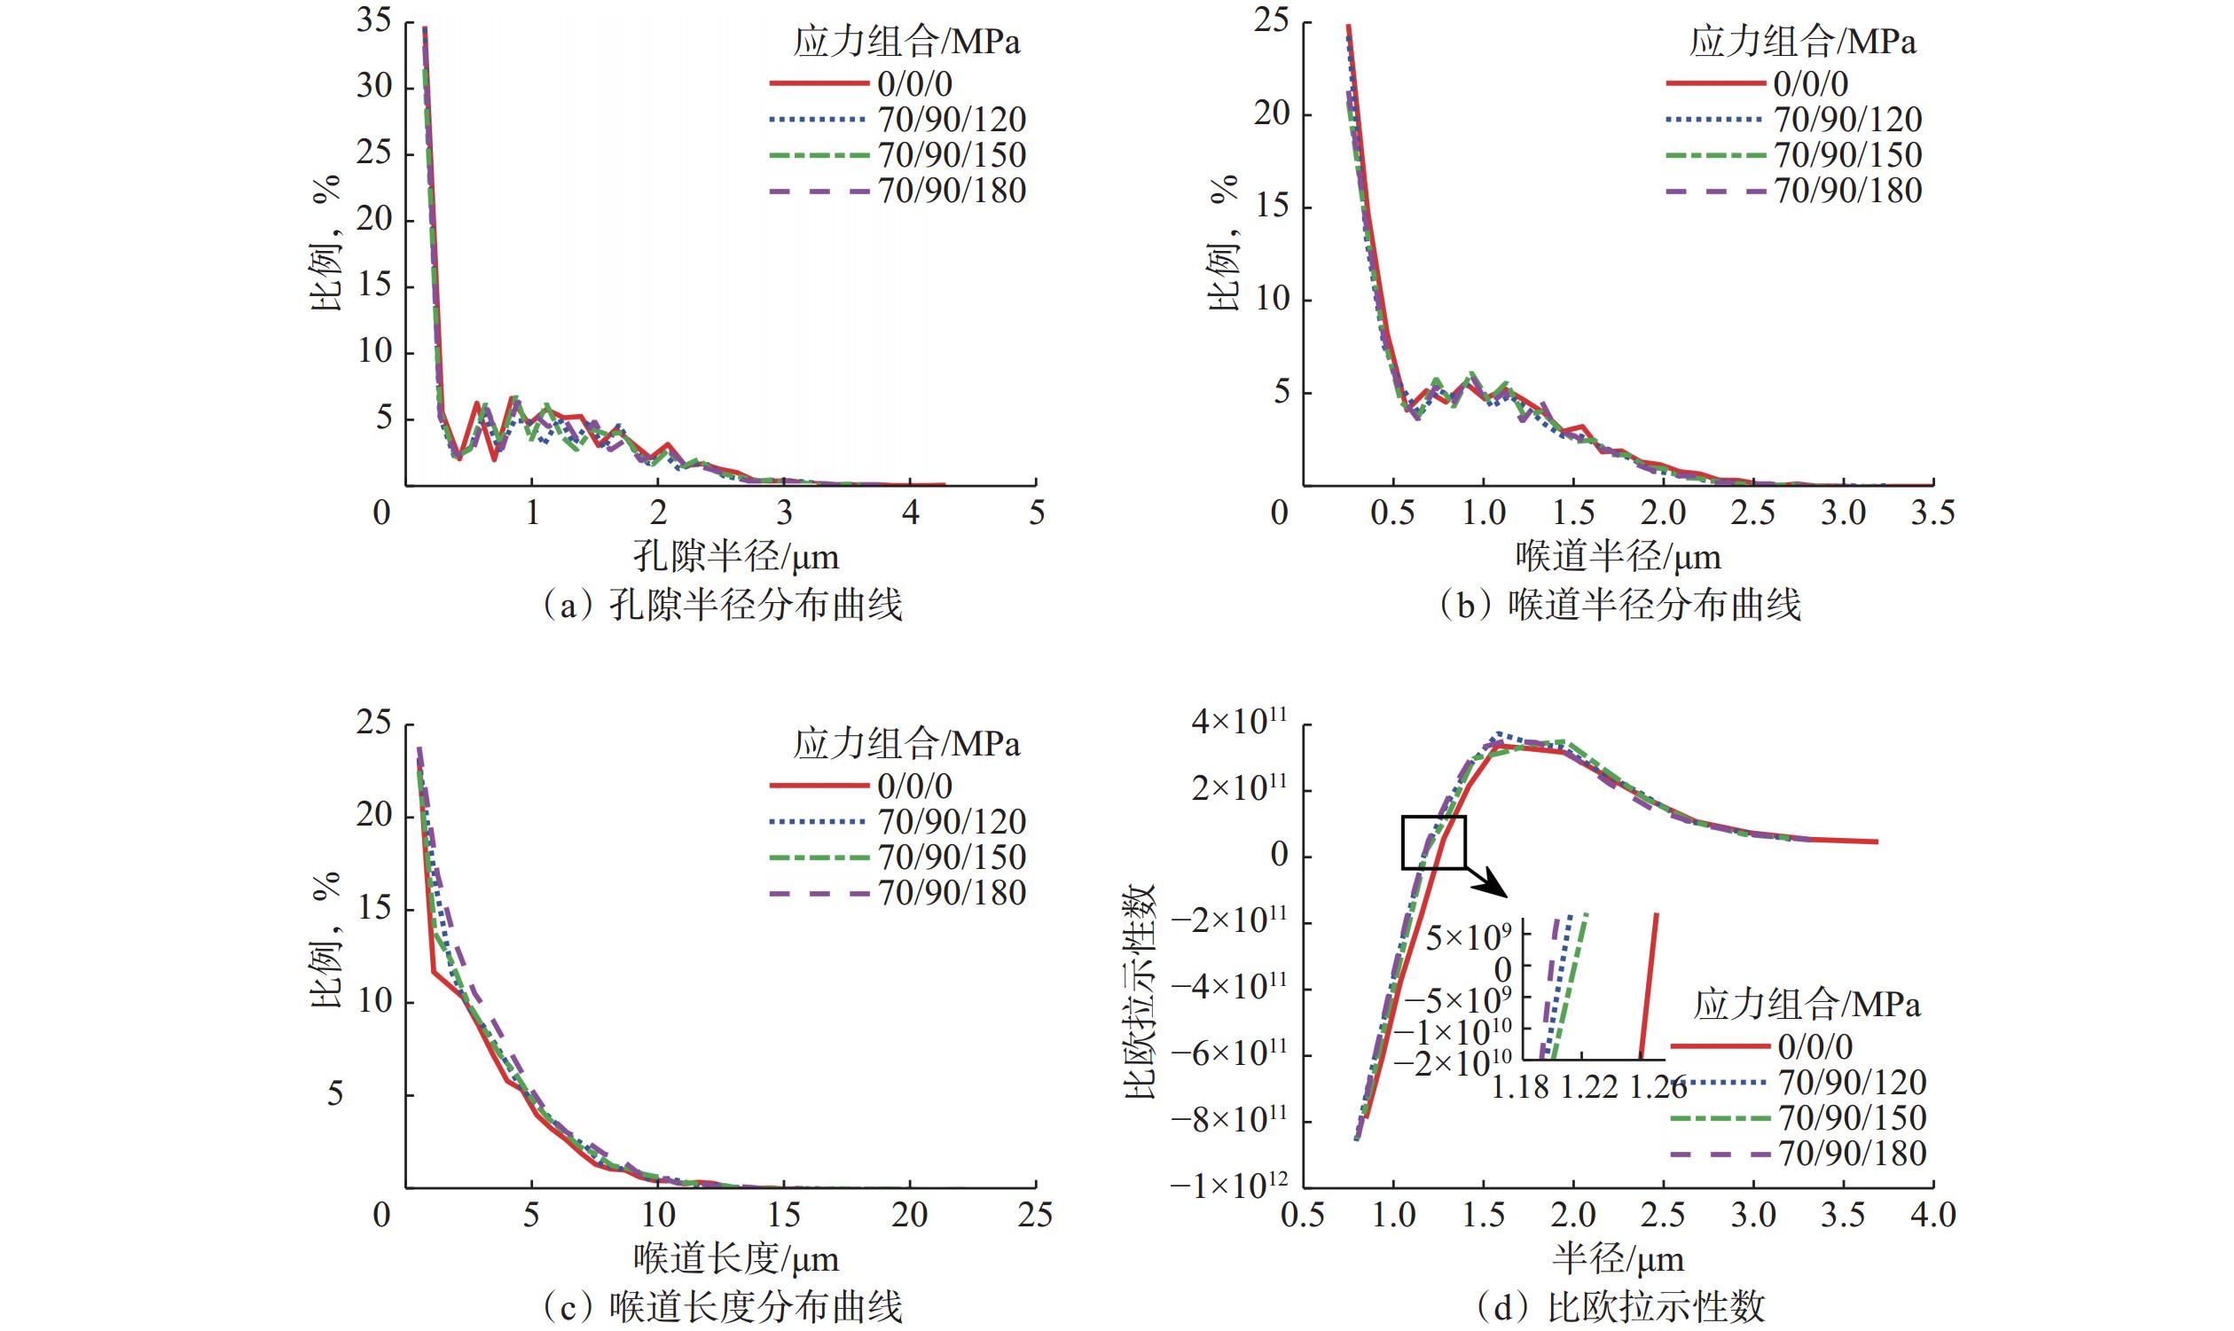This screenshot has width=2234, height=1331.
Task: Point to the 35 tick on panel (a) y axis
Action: (374, 20)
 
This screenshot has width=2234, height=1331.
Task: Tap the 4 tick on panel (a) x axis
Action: (910, 513)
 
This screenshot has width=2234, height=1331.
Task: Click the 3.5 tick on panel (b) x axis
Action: (1932, 513)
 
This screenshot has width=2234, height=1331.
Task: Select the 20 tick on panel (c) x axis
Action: (909, 1215)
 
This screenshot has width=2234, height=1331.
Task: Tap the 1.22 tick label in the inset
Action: (1589, 1087)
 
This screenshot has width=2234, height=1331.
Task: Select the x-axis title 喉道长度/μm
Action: (736, 1259)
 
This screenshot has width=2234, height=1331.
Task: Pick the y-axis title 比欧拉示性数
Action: (1140, 991)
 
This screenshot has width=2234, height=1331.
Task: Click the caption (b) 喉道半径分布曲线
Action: (1619, 606)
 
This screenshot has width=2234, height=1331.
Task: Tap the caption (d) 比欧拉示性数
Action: (1619, 1308)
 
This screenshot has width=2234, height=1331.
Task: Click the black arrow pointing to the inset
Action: (1489, 883)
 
